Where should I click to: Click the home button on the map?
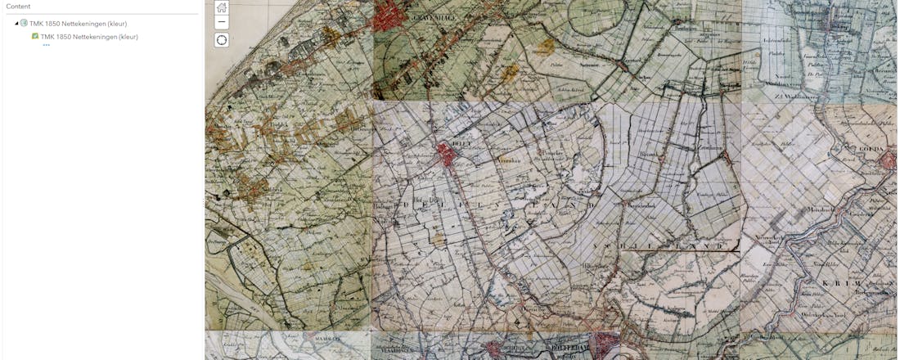[222, 7]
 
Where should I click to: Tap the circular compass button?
[222, 40]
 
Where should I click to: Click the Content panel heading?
[18, 7]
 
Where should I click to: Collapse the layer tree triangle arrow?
[16, 24]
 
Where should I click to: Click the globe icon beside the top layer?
[24, 24]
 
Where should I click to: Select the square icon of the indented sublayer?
[35, 37]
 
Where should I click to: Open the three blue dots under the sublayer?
[47, 45]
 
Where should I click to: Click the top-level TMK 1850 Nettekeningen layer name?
[78, 24]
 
